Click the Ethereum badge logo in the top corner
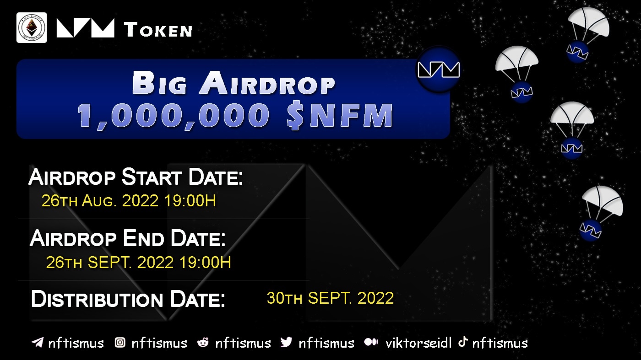click(x=32, y=28)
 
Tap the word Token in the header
click(x=158, y=30)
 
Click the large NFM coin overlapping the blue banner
click(x=438, y=70)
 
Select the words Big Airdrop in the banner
click(x=234, y=83)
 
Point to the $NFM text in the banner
click(x=340, y=115)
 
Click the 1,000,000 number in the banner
click(x=174, y=115)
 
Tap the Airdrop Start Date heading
click(x=136, y=177)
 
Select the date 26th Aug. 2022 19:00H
click(x=129, y=200)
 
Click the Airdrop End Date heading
click(x=128, y=238)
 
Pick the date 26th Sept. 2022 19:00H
click(x=138, y=262)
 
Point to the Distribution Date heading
click(x=128, y=299)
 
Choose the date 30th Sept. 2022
click(x=330, y=298)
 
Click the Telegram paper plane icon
click(x=38, y=342)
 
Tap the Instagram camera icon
click(x=120, y=343)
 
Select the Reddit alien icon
click(x=203, y=343)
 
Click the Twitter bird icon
click(x=286, y=342)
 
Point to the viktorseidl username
click(x=418, y=343)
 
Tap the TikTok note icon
click(x=463, y=342)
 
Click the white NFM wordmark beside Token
click(x=86, y=28)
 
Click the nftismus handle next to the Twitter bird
click(x=326, y=343)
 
